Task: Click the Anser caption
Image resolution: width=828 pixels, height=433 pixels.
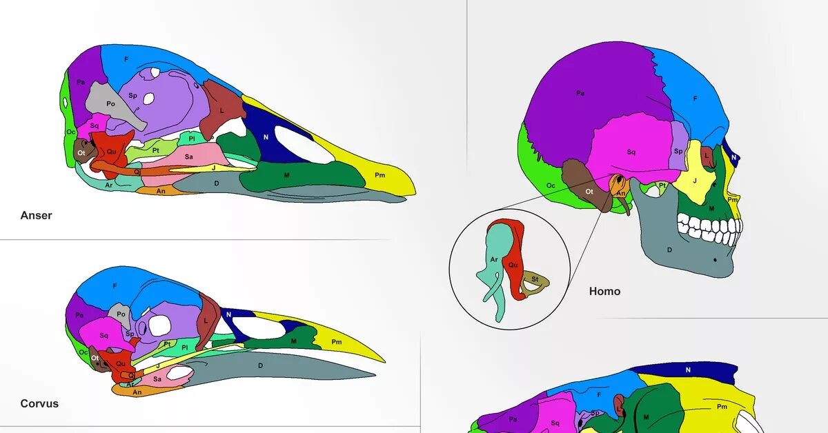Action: point(36,215)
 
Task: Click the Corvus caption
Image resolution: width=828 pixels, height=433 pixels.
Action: point(39,403)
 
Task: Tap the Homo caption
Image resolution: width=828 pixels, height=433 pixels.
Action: point(604,291)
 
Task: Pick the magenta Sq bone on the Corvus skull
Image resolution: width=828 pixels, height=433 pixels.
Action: point(103,336)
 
